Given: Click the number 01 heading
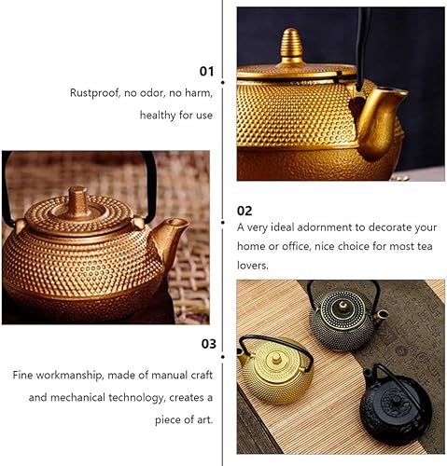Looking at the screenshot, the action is pos(206,71).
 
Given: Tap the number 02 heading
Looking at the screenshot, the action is pos(244,211).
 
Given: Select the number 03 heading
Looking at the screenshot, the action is pos(208,344).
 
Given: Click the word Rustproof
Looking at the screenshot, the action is pos(94,93).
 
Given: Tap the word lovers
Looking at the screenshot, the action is pos(253,265).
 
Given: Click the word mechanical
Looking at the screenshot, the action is pos(77,397).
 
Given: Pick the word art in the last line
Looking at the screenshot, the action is pos(205,419).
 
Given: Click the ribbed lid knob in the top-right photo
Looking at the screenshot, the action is pos(291,45).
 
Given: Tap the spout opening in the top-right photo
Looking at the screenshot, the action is pos(392,91).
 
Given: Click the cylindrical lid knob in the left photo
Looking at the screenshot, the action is pos(77,201).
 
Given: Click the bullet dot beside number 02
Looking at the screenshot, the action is pos(223,223).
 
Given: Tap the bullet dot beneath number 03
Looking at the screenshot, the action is pos(223,357).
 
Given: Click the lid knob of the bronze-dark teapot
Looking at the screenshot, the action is pos(343,307).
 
